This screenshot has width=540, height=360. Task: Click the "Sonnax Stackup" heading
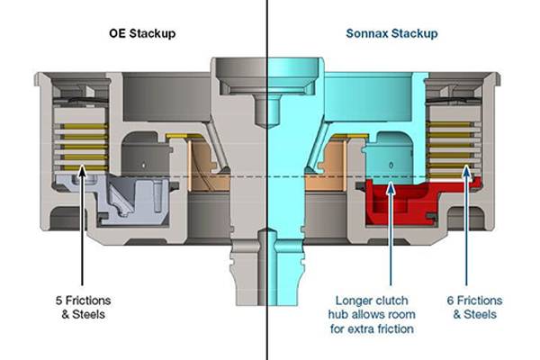(391, 34)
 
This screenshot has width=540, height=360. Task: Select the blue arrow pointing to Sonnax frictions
(467, 225)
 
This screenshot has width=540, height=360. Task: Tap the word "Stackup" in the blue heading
(416, 34)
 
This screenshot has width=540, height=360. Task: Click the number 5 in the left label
(58, 301)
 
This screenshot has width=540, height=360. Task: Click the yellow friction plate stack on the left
(82, 144)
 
